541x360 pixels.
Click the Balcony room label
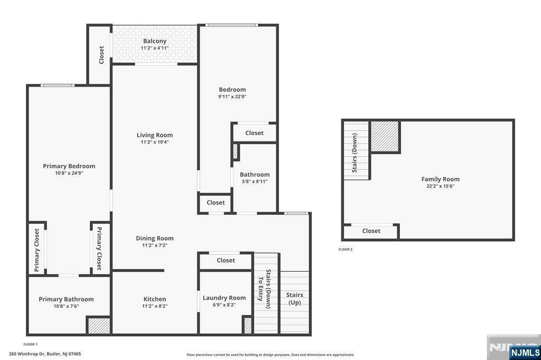coord(155,41)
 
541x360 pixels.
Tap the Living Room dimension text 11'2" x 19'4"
coord(155,142)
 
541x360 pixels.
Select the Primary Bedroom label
coord(69,166)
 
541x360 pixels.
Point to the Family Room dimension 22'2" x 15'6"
coord(440,186)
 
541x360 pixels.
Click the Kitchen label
coord(155,299)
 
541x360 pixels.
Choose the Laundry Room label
coord(224,298)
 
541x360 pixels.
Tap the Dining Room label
coord(155,238)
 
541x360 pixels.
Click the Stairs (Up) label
coord(295,299)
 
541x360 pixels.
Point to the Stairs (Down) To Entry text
coord(264,289)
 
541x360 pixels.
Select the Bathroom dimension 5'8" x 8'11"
coord(255,182)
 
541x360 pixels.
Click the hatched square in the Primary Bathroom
coord(99,326)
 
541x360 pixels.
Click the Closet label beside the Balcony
coord(101,55)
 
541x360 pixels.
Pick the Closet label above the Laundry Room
coord(226,260)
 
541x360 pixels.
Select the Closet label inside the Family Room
coord(371,231)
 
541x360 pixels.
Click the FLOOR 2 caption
coord(346,249)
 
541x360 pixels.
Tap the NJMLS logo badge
coord(525,352)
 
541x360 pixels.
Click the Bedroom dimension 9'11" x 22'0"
coord(232,97)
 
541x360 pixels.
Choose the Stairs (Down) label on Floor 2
coord(355,153)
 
